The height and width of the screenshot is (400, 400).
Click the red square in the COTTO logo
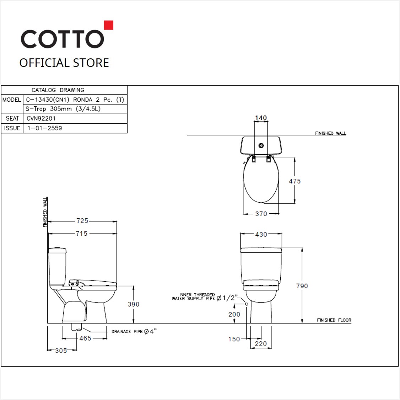[x=108, y=25]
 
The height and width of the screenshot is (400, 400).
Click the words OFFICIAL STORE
[x=64, y=63]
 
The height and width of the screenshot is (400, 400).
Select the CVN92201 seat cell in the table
[x=41, y=118]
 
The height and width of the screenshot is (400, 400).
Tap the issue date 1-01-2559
[x=44, y=128]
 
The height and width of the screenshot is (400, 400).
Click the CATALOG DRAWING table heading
[x=58, y=90]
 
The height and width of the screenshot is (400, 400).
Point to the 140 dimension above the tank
[x=261, y=118]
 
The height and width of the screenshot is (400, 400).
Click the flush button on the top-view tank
[x=261, y=145]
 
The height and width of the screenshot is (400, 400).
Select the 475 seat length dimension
[x=294, y=181]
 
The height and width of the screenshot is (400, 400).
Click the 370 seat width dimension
[x=261, y=214]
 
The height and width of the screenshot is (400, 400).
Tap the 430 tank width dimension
[x=261, y=234]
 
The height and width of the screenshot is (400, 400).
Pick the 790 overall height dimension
[x=302, y=286]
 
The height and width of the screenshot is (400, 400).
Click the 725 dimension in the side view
[x=82, y=221]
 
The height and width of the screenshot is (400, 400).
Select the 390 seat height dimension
[x=134, y=304]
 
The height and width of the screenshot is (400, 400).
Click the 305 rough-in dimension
[x=61, y=351]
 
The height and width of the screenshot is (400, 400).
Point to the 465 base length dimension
[x=85, y=338]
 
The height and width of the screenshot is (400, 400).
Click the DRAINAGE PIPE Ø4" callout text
[x=134, y=331]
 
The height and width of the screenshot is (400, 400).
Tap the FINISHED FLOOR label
[x=334, y=320]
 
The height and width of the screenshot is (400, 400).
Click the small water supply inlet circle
[x=246, y=304]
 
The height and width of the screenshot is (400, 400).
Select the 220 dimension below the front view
[x=261, y=343]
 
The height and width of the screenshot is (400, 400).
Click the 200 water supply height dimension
[x=234, y=314]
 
